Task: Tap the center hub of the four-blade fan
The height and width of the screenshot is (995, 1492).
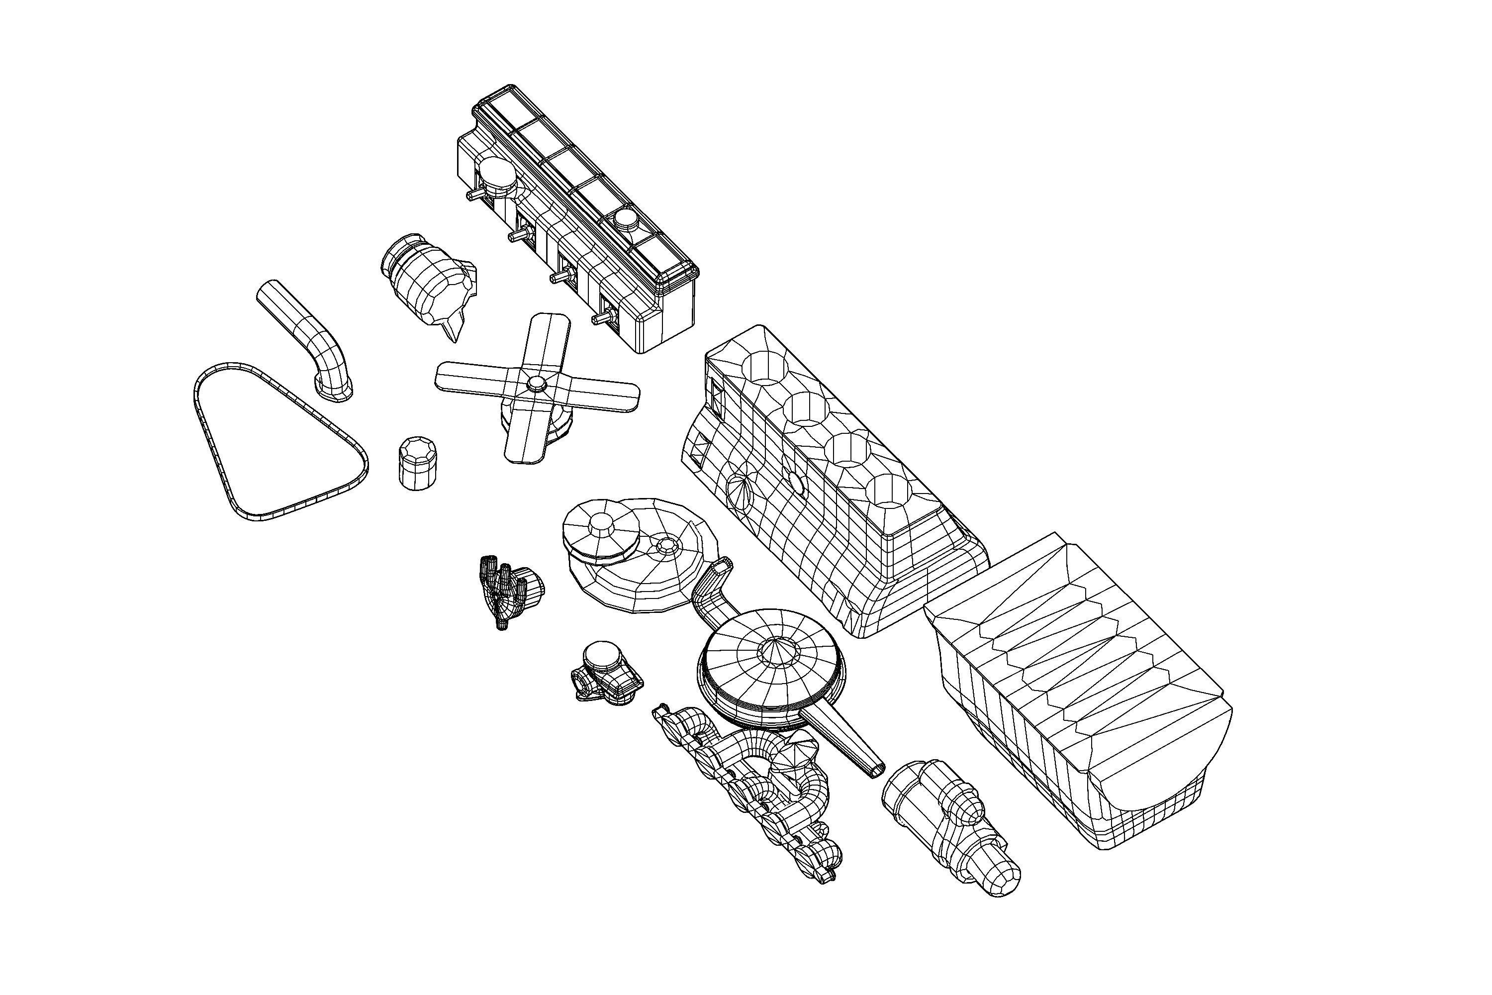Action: pos(537,383)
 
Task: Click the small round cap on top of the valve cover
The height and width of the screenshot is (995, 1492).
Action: pos(626,219)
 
